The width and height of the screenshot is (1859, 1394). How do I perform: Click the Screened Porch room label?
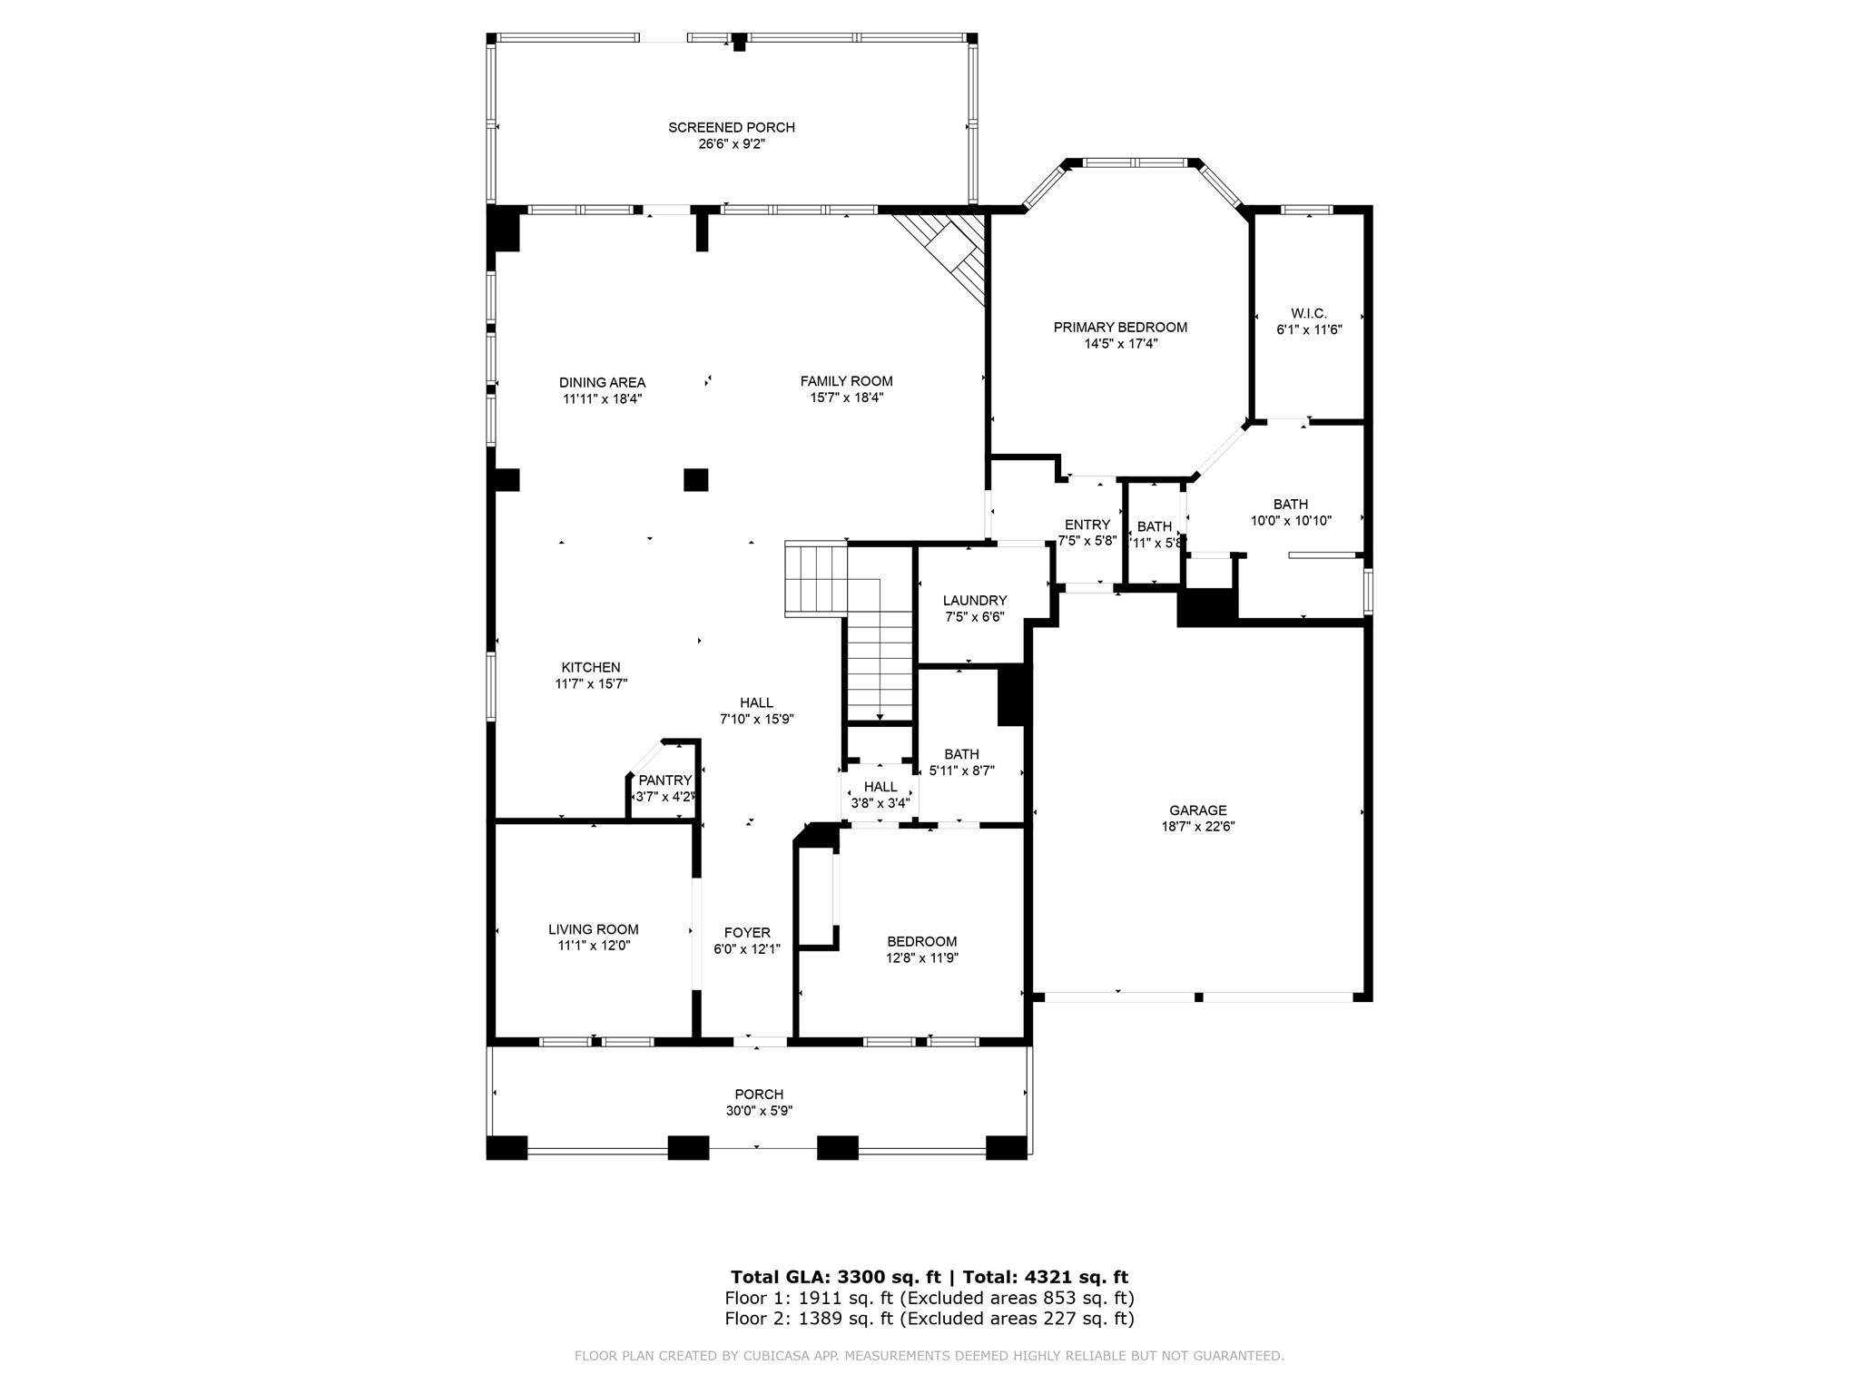pos(732,128)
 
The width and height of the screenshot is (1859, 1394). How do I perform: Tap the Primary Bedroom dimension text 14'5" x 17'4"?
pos(1120,344)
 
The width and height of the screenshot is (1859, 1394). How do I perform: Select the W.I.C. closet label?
pos(1309,313)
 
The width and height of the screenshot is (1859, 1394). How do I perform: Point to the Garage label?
pos(1197,810)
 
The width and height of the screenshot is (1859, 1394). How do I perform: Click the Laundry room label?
pos(975,601)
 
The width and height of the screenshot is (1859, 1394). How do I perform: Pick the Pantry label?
pos(665,780)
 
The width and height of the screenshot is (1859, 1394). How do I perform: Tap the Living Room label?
pos(594,929)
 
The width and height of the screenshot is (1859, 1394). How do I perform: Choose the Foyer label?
pos(747,933)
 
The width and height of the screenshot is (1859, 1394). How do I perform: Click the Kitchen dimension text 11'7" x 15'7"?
pos(591,684)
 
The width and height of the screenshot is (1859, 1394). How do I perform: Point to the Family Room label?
pos(846,381)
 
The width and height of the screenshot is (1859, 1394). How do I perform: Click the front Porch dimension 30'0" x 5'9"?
pos(759,1111)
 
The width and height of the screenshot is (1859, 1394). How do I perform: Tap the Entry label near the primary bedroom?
pos(1087,525)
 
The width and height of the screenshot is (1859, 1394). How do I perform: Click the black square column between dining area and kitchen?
pos(695,479)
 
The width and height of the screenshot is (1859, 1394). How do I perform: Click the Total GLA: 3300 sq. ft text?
pos(836,1278)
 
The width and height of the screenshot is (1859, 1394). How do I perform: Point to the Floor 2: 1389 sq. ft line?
pos(929,1319)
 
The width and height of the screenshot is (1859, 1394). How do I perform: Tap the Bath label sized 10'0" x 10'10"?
pos(1291,505)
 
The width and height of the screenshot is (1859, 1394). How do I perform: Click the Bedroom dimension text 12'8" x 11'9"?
pos(922,957)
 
